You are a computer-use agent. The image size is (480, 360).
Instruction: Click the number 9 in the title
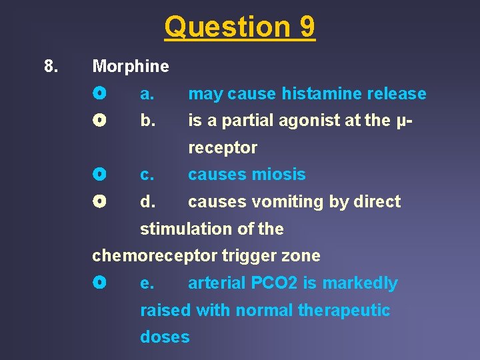click(307, 27)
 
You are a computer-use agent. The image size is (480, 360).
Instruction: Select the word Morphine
click(131, 66)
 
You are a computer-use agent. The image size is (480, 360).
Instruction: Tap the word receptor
click(223, 147)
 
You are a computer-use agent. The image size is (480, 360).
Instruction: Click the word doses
click(165, 337)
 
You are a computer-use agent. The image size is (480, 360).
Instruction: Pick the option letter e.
click(147, 283)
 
